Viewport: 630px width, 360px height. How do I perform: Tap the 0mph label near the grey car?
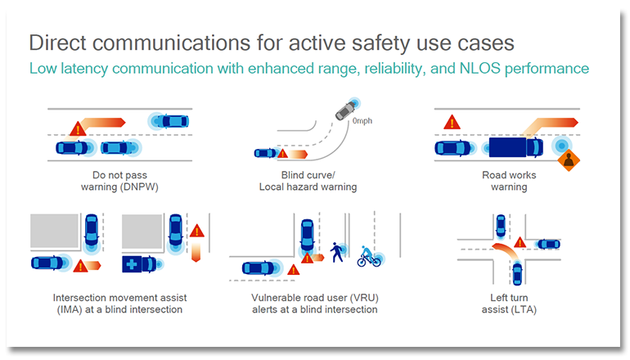point(362,121)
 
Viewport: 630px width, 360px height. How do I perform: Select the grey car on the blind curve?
point(349,108)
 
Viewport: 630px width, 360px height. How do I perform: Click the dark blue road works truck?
point(514,147)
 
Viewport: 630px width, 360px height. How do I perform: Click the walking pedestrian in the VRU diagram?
point(336,253)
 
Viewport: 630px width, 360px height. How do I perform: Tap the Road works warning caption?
point(508,181)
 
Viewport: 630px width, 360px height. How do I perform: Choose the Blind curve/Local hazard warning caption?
point(308,181)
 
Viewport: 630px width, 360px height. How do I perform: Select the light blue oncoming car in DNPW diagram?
point(172,121)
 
